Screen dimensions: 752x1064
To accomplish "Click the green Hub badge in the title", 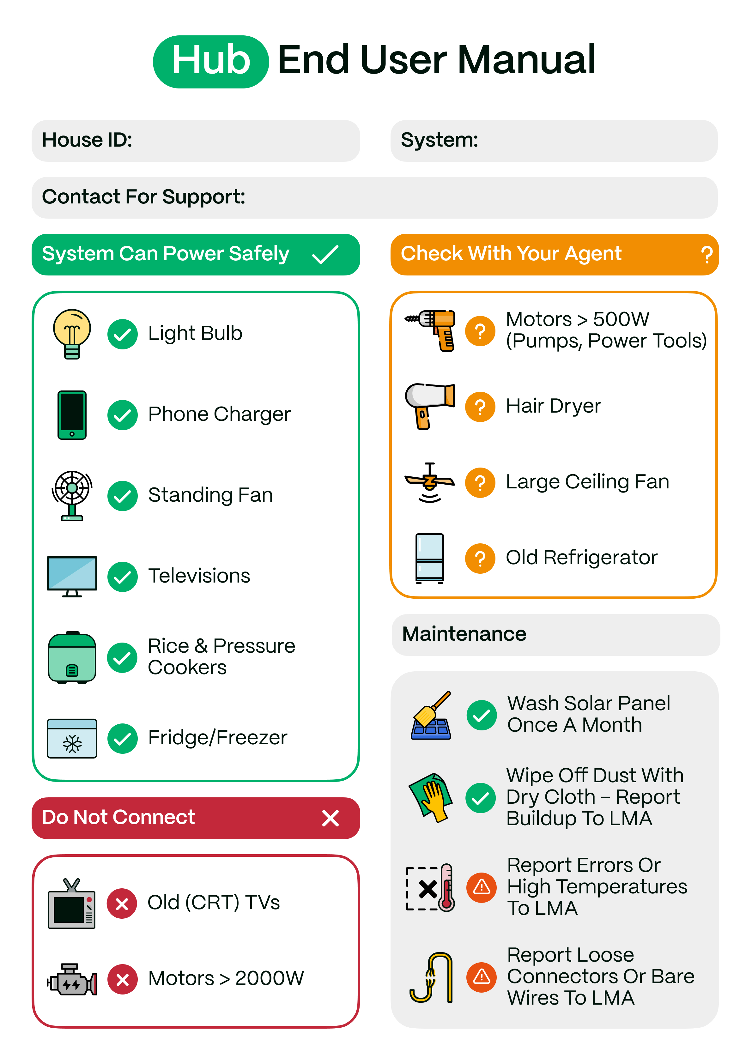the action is tap(211, 62).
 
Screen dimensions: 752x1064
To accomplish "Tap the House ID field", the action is tap(196, 141).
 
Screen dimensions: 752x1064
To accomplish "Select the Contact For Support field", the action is tap(375, 197).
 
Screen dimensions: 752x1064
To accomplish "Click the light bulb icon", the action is tap(72, 334).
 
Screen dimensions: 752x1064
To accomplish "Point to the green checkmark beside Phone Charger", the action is tap(122, 415).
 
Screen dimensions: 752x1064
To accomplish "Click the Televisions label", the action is tap(199, 576).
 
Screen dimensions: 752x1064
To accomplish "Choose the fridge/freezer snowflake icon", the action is tap(72, 739).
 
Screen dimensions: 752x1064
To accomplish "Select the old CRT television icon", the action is tap(71, 903).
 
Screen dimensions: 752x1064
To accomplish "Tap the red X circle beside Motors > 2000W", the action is tap(122, 979).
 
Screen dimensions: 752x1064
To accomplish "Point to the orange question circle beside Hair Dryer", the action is tap(480, 407).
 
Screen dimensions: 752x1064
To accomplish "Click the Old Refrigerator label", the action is tap(581, 558).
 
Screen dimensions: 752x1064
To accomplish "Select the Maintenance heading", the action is tap(464, 634).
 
